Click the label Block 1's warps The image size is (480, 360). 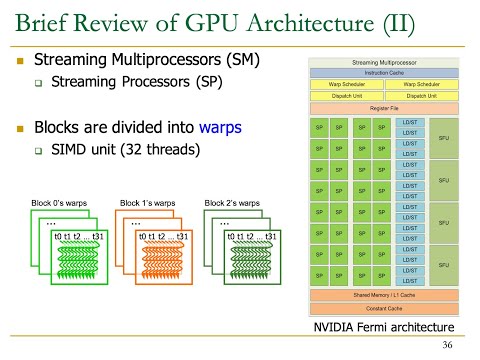point(147,203)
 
